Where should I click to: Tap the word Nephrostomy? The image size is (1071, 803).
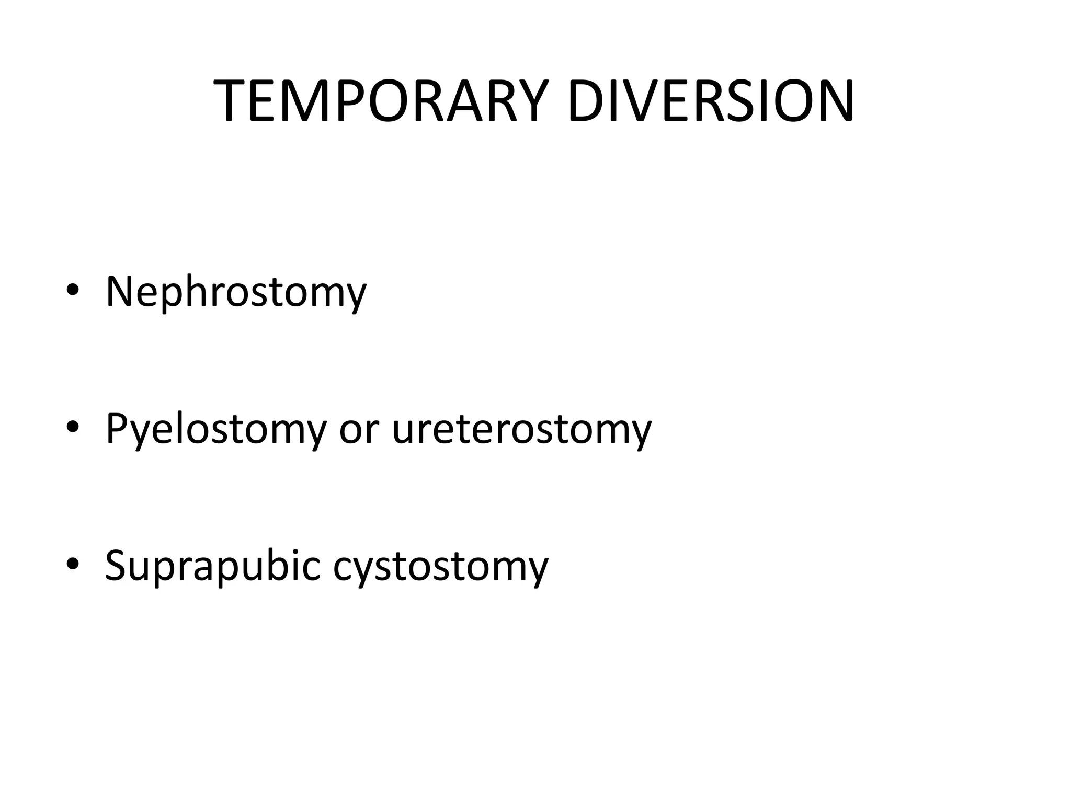point(236,292)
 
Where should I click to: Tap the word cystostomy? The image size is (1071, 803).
point(440,566)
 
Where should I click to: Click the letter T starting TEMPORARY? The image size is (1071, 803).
point(231,102)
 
